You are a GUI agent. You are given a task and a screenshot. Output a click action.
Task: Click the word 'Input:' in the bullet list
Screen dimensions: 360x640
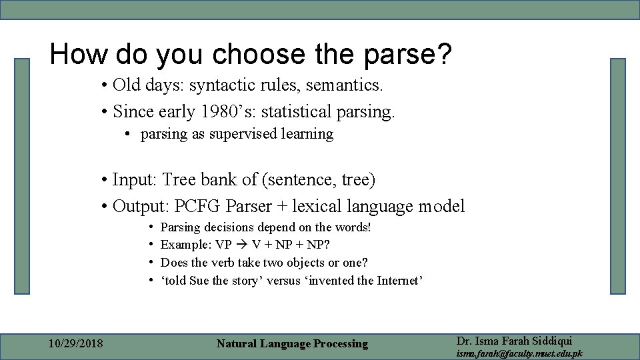pyautogui.click(x=135, y=180)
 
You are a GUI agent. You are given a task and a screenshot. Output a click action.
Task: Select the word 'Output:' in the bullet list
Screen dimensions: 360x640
pyautogui.click(x=141, y=206)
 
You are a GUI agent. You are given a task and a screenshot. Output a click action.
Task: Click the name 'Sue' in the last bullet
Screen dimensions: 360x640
pyautogui.click(x=199, y=280)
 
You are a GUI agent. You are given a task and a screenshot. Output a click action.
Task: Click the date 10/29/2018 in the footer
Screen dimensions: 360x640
pyautogui.click(x=76, y=344)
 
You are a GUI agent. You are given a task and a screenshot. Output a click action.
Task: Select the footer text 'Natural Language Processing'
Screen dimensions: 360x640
pyautogui.click(x=292, y=344)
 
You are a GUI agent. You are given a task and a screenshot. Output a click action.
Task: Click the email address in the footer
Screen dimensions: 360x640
pyautogui.click(x=519, y=353)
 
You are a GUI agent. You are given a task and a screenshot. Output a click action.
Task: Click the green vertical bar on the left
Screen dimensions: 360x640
pyautogui.click(x=23, y=176)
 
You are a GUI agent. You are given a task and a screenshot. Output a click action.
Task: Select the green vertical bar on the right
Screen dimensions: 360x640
pyautogui.click(x=618, y=176)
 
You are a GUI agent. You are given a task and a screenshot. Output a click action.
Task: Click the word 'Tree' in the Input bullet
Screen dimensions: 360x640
pyautogui.click(x=178, y=180)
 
